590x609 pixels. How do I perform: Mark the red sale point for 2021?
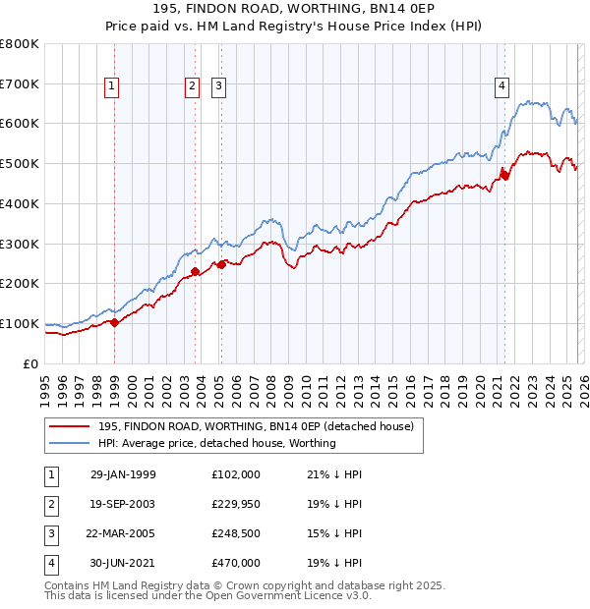pyautogui.click(x=504, y=175)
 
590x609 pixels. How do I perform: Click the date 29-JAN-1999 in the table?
pyautogui.click(x=123, y=473)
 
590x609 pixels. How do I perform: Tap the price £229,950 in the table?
pyautogui.click(x=236, y=503)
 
